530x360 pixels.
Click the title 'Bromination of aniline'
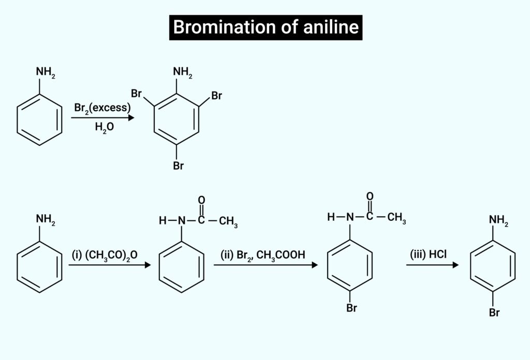(265, 27)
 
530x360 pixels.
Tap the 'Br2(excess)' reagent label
(101, 108)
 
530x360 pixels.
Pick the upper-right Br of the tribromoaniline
(217, 96)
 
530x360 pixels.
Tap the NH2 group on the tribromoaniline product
(183, 73)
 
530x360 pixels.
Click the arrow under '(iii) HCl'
(432, 265)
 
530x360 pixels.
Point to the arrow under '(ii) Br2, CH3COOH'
(265, 265)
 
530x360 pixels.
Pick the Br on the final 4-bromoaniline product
(494, 313)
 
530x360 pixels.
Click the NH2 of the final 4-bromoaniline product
(498, 221)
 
